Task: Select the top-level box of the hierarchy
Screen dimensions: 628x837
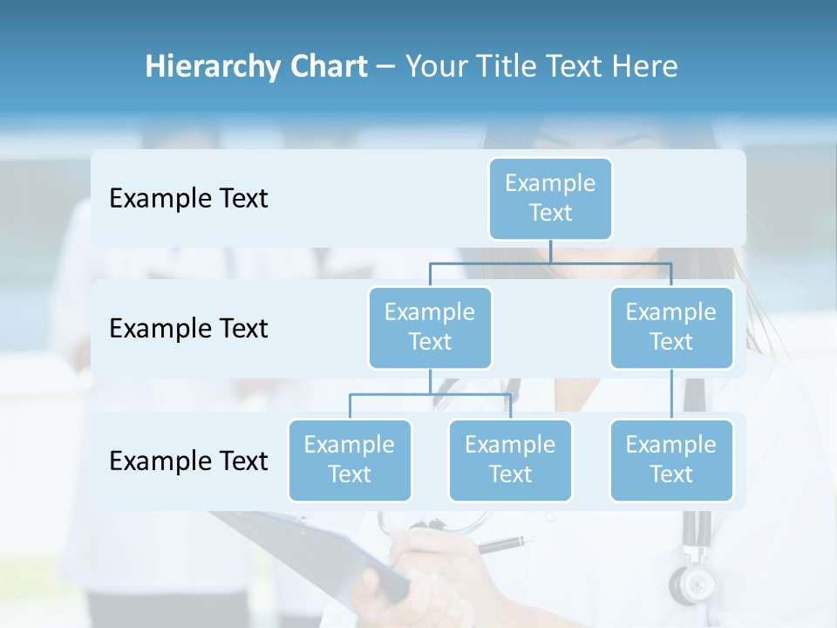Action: coord(550,198)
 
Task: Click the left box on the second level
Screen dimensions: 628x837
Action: coord(430,327)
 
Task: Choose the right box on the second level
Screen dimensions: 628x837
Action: coord(671,327)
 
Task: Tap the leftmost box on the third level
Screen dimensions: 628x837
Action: coord(350,460)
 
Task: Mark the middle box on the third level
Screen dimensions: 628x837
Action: coord(510,460)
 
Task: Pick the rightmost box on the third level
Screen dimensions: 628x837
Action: coord(671,460)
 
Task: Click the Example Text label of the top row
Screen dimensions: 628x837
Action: coord(188,199)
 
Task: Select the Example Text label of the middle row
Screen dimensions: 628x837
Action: coord(188,329)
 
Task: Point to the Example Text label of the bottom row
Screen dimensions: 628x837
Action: coord(188,461)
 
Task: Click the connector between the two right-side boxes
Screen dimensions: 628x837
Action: coord(671,394)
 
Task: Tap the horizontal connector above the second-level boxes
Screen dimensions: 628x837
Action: coord(550,263)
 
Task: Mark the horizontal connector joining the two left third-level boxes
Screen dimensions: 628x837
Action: coord(430,394)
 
